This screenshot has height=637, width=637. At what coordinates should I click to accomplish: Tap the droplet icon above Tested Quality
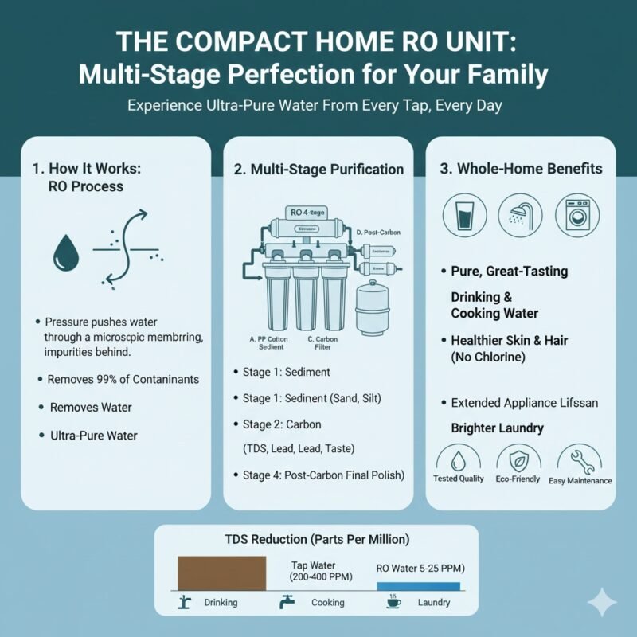point(459,461)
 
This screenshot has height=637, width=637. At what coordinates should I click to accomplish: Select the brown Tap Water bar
point(221,573)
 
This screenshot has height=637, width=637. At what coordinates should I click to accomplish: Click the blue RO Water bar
point(417,585)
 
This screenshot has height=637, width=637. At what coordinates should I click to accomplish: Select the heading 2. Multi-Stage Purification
point(318,170)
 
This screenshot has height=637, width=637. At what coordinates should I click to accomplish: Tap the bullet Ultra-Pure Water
point(93,436)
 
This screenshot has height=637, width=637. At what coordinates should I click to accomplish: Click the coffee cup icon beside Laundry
point(393,603)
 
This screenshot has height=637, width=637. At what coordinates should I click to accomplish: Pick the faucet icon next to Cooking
point(283,603)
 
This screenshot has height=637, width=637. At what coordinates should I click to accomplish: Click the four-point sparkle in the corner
point(606,604)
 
